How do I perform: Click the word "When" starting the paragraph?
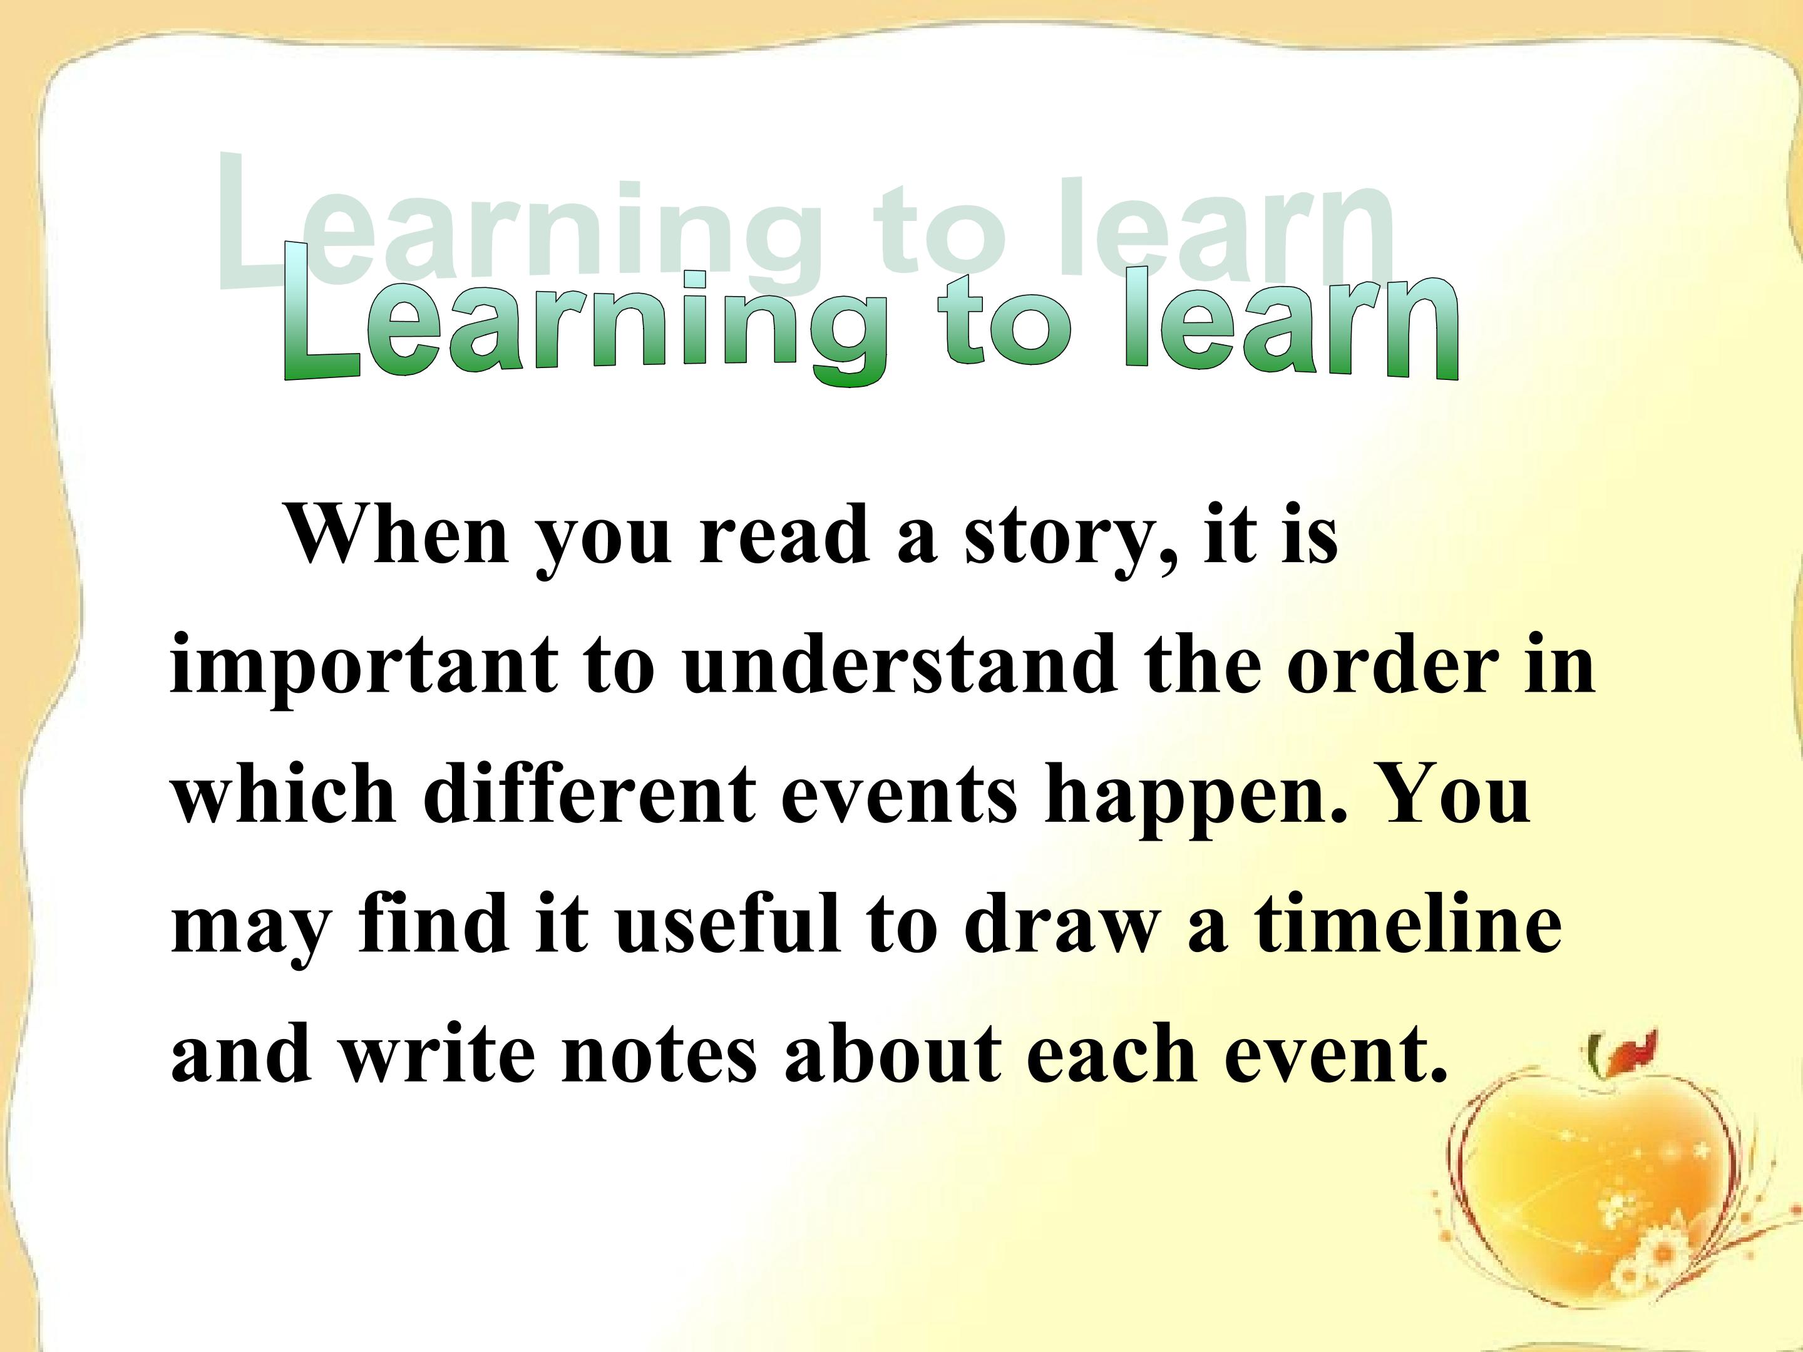click(x=399, y=534)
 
